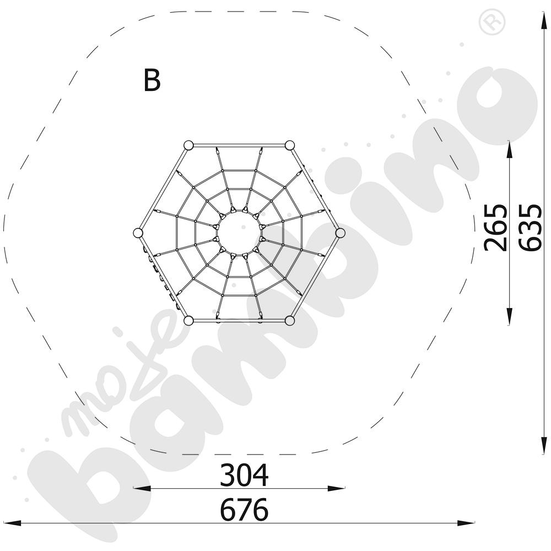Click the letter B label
click(x=152, y=80)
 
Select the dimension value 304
click(x=244, y=475)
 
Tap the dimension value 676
click(x=244, y=510)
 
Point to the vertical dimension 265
click(x=495, y=228)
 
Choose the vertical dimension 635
click(x=530, y=228)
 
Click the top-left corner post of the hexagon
click(x=188, y=145)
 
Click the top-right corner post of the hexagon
click(x=290, y=145)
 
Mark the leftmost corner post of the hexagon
click(x=138, y=233)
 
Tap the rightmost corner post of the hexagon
click(x=340, y=233)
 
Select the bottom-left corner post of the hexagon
click(x=188, y=321)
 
